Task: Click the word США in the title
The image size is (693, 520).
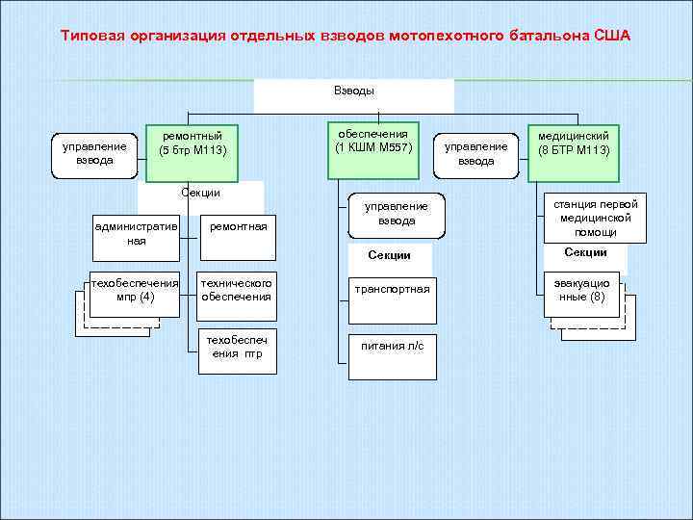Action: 612,36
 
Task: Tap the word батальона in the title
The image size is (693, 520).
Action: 547,36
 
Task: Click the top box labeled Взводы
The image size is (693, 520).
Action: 353,91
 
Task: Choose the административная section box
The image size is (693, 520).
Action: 136,233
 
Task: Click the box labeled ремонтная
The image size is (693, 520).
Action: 236,225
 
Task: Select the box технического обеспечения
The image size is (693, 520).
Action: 236,290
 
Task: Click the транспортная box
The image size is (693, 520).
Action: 392,288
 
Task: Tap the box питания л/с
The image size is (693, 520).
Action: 392,345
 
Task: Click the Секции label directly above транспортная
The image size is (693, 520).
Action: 390,255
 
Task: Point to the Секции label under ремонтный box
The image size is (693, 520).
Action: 201,193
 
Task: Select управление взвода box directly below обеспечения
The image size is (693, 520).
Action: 396,214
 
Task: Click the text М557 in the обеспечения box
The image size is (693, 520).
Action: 395,147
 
